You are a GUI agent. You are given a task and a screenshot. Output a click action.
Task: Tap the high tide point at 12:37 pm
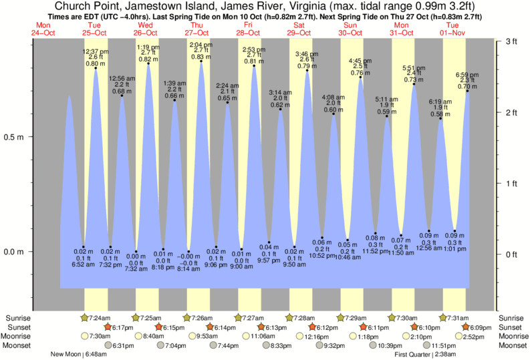(x=96, y=68)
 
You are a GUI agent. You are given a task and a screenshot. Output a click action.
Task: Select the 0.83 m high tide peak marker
(x=201, y=61)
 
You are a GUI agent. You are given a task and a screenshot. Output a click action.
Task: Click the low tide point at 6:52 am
(x=84, y=246)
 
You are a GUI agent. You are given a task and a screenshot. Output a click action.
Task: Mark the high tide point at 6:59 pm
(x=467, y=90)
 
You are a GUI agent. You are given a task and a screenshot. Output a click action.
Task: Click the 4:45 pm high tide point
(x=361, y=77)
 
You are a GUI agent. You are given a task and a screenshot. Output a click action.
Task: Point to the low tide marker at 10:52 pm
(x=322, y=238)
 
